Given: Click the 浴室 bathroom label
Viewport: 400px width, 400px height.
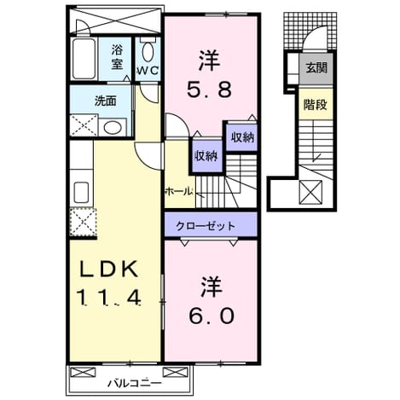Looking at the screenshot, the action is pyautogui.click(x=117, y=57).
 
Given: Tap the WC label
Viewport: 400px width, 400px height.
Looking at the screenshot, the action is pyautogui.click(x=148, y=71).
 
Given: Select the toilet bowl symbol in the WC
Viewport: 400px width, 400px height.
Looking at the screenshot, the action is pyautogui.click(x=148, y=52).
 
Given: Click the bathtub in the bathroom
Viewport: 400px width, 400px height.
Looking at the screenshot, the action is pyautogui.click(x=84, y=59).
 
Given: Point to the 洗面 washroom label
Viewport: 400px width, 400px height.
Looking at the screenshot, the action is pyautogui.click(x=106, y=101).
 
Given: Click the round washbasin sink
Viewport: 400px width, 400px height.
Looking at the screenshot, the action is pyautogui.click(x=112, y=127).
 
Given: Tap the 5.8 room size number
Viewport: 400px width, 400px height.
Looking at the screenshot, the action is pyautogui.click(x=209, y=89).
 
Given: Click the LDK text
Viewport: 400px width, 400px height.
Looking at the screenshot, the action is pyautogui.click(x=109, y=269).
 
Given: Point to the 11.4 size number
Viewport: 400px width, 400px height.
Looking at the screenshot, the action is pyautogui.click(x=109, y=298).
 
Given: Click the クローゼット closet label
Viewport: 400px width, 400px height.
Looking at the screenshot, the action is pyautogui.click(x=206, y=226).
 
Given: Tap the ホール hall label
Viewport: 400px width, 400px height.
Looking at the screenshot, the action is pyautogui.click(x=179, y=191).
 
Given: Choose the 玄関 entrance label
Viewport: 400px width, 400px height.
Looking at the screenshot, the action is pyautogui.click(x=316, y=68).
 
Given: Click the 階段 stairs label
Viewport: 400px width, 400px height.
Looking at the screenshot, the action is pyautogui.click(x=316, y=105).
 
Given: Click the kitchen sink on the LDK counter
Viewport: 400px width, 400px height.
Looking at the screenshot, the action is pyautogui.click(x=81, y=192).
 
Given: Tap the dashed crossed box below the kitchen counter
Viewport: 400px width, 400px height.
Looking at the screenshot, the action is pyautogui.click(x=83, y=222).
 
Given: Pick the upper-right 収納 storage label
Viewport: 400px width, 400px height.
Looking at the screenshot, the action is pyautogui.click(x=242, y=137).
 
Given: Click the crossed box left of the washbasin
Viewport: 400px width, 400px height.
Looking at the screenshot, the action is pyautogui.click(x=84, y=125).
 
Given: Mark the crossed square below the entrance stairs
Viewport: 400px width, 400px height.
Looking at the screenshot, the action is pyautogui.click(x=310, y=192).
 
